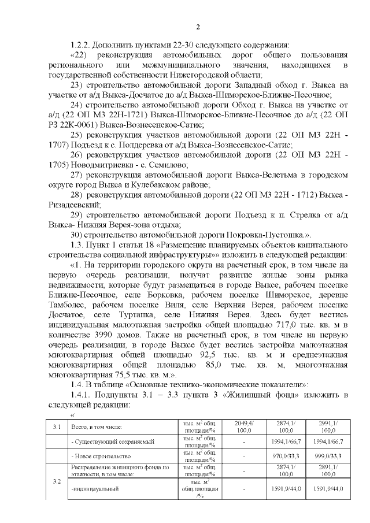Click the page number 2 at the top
point(198,27)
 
